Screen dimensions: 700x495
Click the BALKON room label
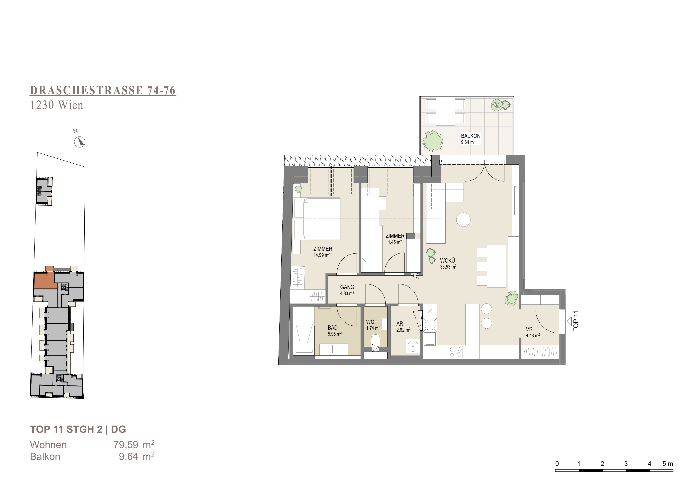[470, 136]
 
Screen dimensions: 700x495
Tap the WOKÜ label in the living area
[447, 261]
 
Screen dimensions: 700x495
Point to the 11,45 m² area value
[394, 242]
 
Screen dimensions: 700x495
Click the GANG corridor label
[347, 287]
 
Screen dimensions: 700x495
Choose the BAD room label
[333, 328]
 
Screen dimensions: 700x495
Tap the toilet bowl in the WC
[375, 340]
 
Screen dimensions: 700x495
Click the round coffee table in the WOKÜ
[463, 219]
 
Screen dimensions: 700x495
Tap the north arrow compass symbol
[80, 142]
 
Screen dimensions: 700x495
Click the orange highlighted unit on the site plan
[45, 280]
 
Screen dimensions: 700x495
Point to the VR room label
[529, 329]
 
